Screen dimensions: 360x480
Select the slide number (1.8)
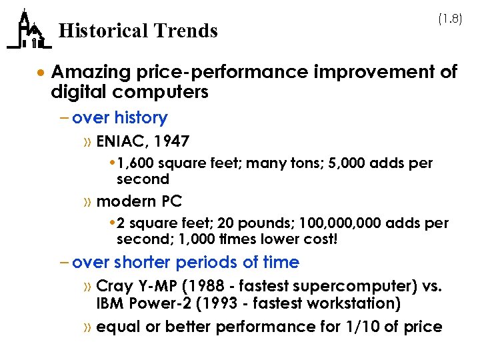point(449,20)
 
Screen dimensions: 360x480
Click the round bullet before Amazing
point(41,72)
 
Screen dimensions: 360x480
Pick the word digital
point(76,92)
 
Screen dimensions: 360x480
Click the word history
point(141,118)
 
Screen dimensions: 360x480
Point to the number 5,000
point(355,163)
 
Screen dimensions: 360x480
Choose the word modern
point(124,201)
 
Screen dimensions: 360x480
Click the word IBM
point(109,304)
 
